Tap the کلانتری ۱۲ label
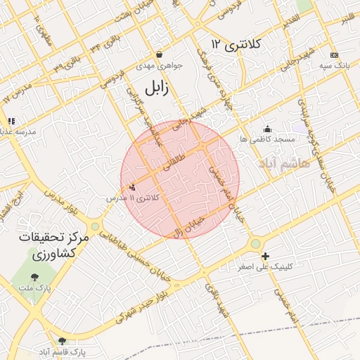(x=236, y=44)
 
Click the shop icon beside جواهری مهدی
(x=160, y=54)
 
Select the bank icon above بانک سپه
(x=334, y=55)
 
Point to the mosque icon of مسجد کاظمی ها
(x=267, y=129)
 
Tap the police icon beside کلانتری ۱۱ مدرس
(x=132, y=187)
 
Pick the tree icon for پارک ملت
(x=34, y=278)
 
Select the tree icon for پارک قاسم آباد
(x=61, y=340)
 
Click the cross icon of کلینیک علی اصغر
(x=265, y=257)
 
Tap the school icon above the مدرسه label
(x=11, y=121)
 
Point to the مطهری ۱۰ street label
(x=41, y=26)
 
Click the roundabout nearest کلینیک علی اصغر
(x=255, y=244)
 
